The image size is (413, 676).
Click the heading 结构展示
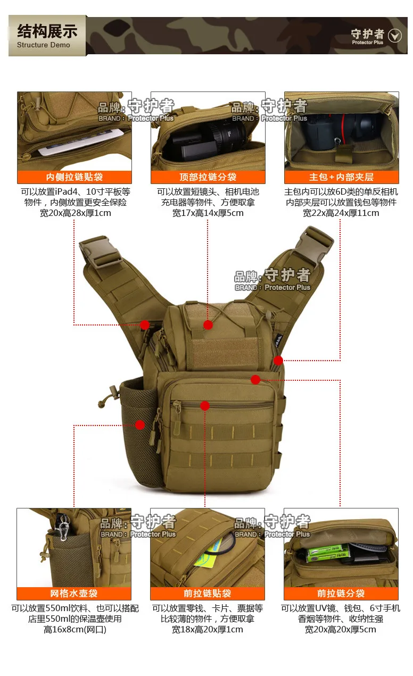pyautogui.click(x=47, y=31)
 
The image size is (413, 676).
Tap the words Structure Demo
pyautogui.click(x=44, y=45)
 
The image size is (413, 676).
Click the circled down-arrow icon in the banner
pyautogui.click(x=394, y=36)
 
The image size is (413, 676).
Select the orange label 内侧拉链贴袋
pyautogui.click(x=75, y=177)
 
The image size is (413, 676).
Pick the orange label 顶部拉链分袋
pyautogui.click(x=208, y=177)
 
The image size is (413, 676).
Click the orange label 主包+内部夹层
pyautogui.click(x=342, y=177)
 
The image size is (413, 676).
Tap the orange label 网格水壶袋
pyautogui.click(x=74, y=594)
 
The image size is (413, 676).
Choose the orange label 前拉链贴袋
pyautogui.click(x=208, y=594)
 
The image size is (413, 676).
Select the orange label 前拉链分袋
pyautogui.click(x=341, y=594)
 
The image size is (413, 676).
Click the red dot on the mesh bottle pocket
pyautogui.click(x=140, y=425)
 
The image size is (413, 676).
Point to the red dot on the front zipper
pyautogui.click(x=205, y=406)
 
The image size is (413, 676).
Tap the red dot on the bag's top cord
pyautogui.click(x=208, y=325)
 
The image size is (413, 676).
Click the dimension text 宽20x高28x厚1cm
pyautogui.click(x=76, y=213)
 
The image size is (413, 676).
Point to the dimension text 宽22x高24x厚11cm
pyautogui.click(x=341, y=213)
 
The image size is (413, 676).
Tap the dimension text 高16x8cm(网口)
pyautogui.click(x=75, y=630)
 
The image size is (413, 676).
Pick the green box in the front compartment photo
pyautogui.click(x=328, y=553)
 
